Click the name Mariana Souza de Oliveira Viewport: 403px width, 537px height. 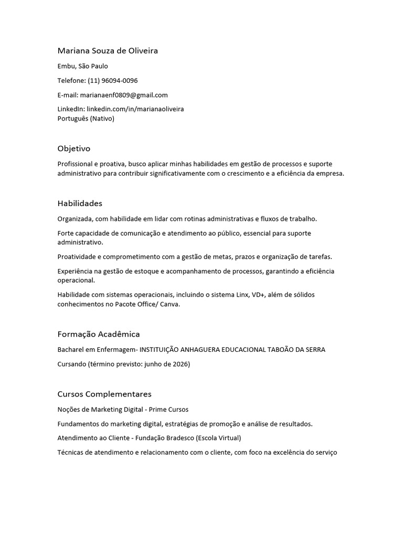tap(108, 51)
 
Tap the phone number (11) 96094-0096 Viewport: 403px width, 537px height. tap(113, 80)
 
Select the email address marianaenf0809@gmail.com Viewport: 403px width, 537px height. tap(123, 95)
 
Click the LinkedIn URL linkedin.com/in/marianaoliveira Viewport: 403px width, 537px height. tap(135, 109)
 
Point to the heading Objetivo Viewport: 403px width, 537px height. tap(74, 149)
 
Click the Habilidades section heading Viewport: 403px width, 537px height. tap(80, 203)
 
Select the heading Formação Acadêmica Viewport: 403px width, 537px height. tap(99, 334)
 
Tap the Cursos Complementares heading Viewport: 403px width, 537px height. tap(104, 394)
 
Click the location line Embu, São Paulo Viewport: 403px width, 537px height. tap(83, 66)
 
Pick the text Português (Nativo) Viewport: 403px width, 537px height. tap(86, 119)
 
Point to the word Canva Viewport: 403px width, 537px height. tap(171, 304)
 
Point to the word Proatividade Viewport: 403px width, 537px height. tap(77, 256)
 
